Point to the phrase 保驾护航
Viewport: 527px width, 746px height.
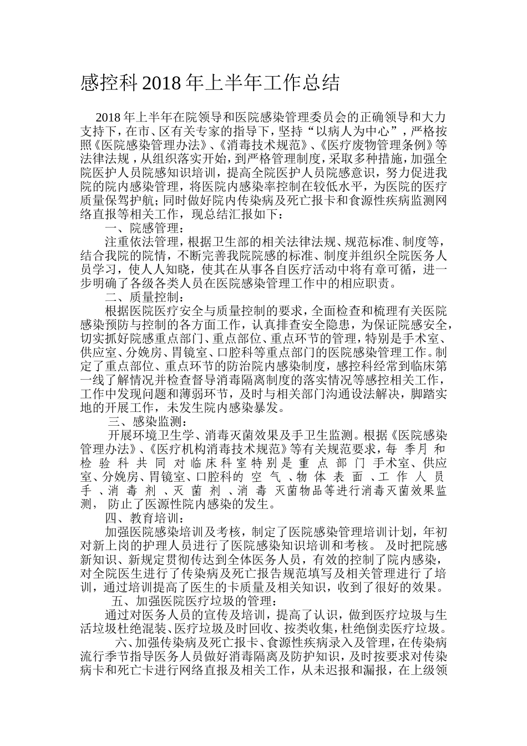(x=129, y=200)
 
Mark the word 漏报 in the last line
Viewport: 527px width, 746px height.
(x=376, y=671)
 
